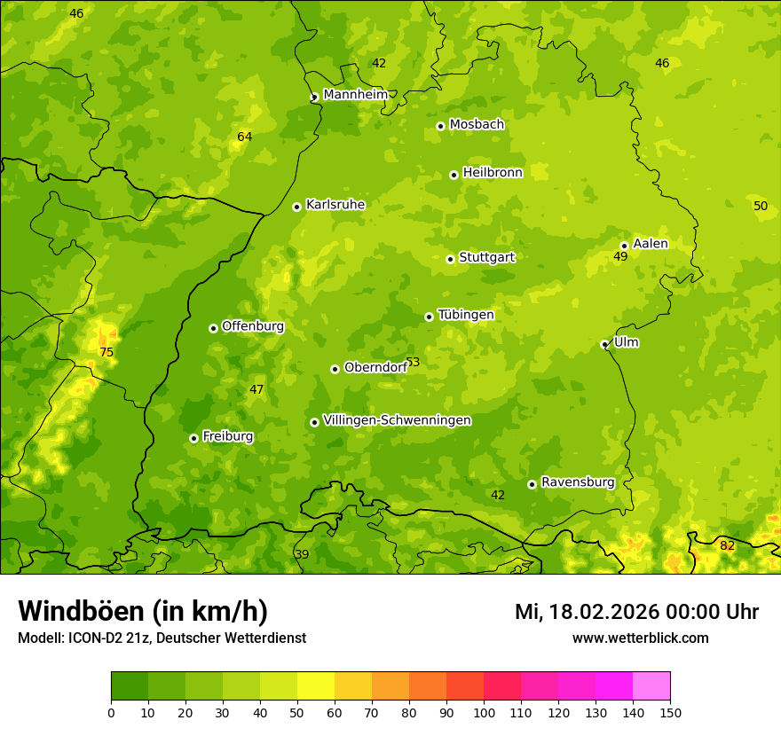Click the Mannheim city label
(355, 94)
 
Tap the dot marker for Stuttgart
(450, 259)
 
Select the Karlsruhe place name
(335, 204)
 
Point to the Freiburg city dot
(193, 438)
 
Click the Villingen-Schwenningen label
(397, 420)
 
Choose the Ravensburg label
(577, 482)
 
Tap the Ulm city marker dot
(604, 344)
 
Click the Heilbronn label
(493, 172)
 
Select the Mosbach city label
(477, 124)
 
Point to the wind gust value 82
(727, 545)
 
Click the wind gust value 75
(106, 352)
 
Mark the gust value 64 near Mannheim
(245, 137)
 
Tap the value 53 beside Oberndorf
(413, 363)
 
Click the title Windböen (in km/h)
(143, 611)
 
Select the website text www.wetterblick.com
(640, 638)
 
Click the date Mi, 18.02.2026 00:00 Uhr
(636, 612)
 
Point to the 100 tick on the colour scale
(484, 712)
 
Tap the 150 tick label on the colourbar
(670, 712)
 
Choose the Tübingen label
(466, 315)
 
